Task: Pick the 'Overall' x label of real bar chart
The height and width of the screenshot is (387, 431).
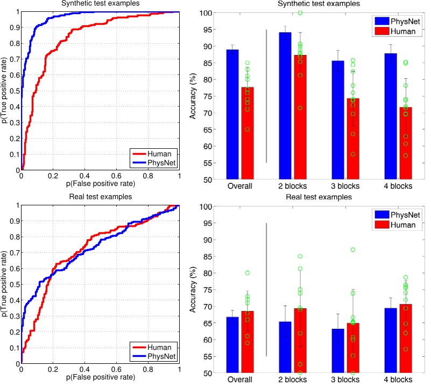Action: pyautogui.click(x=240, y=381)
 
